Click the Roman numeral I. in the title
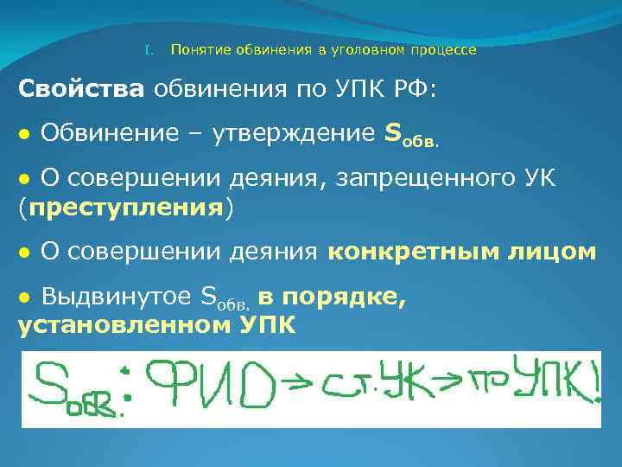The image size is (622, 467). coord(148,50)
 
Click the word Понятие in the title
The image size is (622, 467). coord(198,50)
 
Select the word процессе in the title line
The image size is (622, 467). coord(446,50)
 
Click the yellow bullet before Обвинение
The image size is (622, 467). coord(24,135)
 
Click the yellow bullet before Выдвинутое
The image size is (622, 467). coord(24,297)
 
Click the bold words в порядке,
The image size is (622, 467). coord(332,296)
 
